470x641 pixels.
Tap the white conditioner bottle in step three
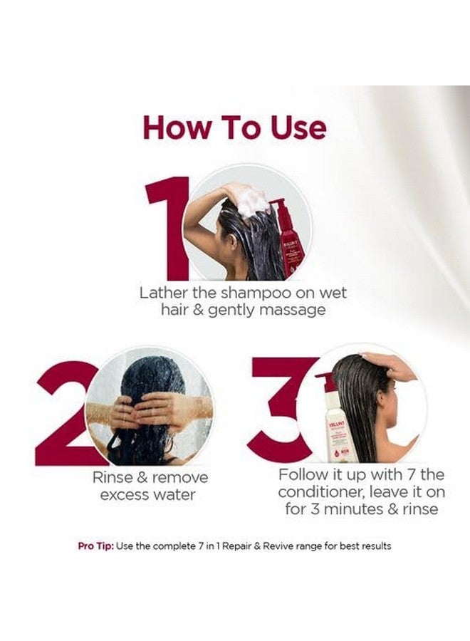334,420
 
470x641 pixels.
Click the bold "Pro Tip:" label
95,546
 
